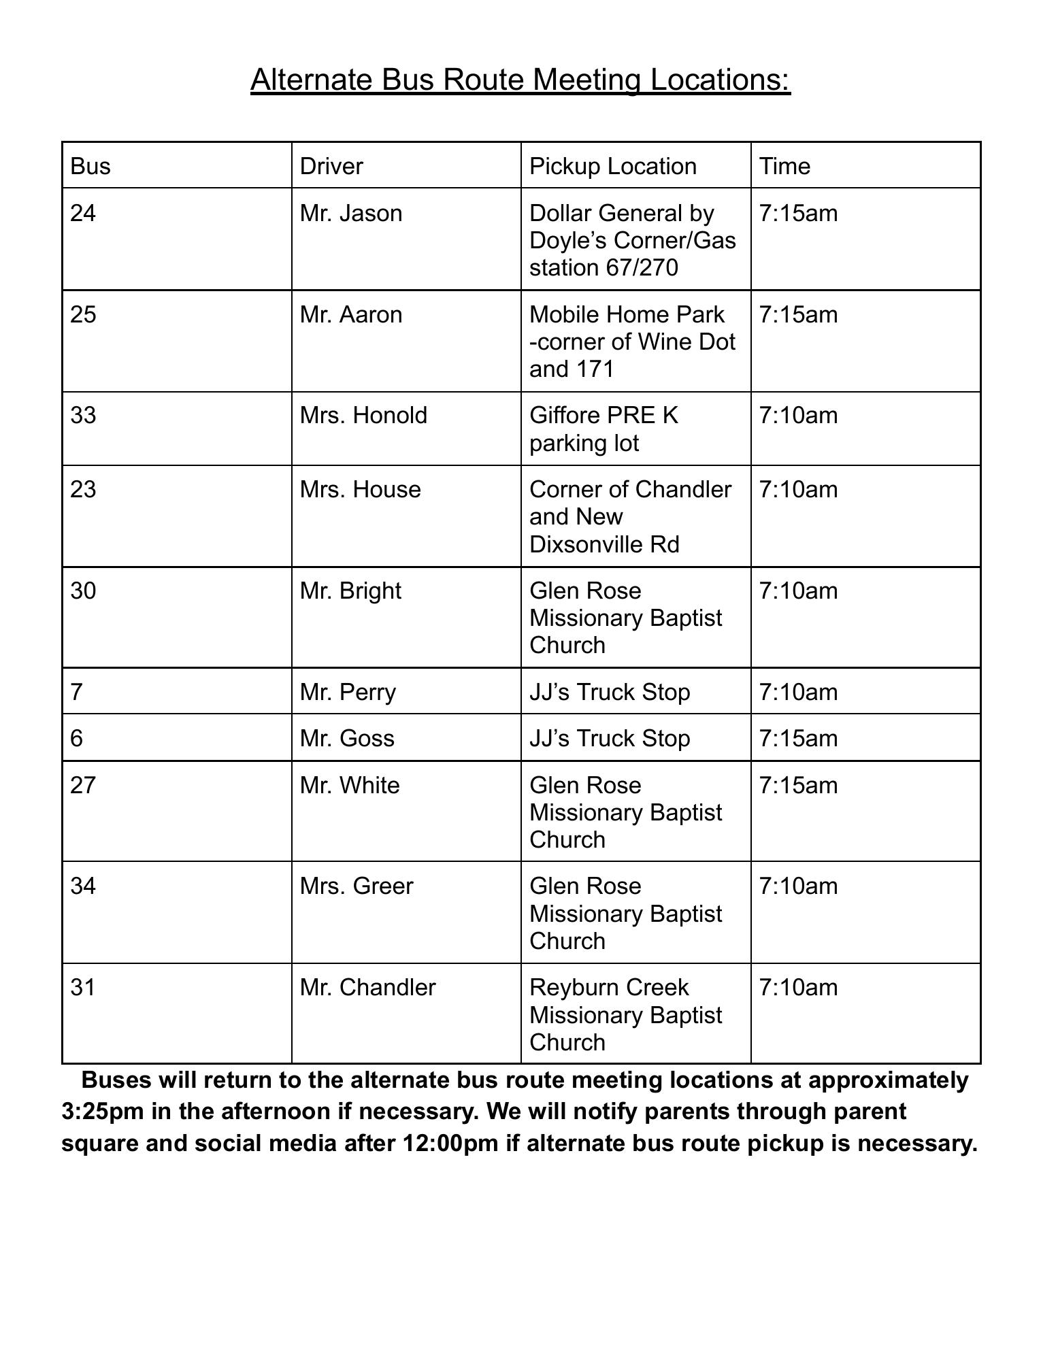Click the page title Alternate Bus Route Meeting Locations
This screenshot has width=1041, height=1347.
click(x=520, y=79)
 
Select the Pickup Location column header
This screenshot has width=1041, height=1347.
click(x=612, y=166)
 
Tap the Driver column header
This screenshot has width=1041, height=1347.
click(x=331, y=166)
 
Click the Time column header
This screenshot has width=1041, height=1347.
click(x=784, y=166)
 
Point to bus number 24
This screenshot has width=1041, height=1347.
click(x=83, y=214)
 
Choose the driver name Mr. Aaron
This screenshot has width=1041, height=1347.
click(x=351, y=315)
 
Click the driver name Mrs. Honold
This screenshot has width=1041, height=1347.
click(x=363, y=416)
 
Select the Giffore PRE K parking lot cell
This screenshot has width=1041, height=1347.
click(x=604, y=429)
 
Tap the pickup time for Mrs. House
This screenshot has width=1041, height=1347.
click(x=798, y=490)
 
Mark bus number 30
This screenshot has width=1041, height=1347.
click(x=83, y=591)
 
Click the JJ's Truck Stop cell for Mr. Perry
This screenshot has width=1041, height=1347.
click(x=610, y=692)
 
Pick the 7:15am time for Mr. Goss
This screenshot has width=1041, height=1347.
click(x=798, y=739)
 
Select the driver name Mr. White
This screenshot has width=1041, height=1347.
click(x=350, y=786)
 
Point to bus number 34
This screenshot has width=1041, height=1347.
click(x=83, y=886)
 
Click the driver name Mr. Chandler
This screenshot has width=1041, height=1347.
click(x=367, y=988)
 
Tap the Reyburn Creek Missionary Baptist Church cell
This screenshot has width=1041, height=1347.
click(x=625, y=1015)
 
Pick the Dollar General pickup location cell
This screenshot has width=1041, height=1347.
click(x=632, y=241)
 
